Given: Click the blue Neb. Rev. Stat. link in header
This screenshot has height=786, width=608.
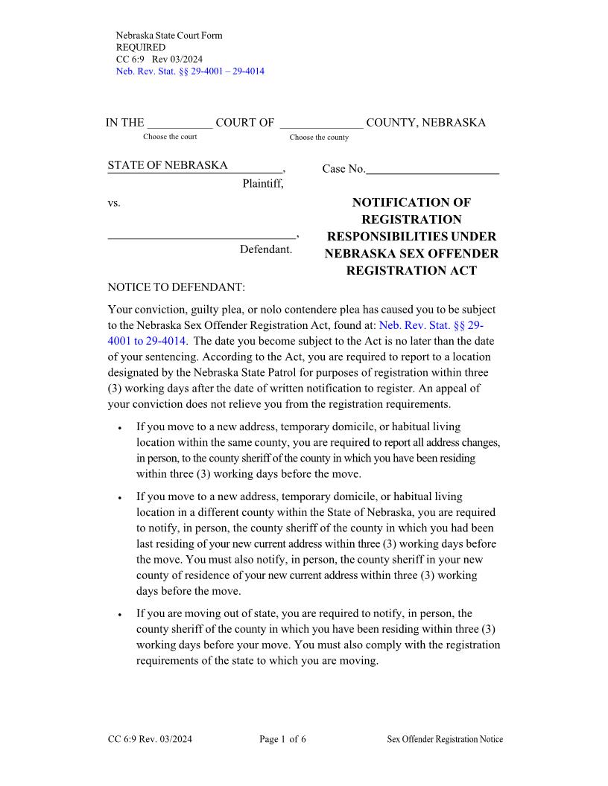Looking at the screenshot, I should click(x=190, y=71).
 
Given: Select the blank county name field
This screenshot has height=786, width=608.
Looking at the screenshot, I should click(x=321, y=124).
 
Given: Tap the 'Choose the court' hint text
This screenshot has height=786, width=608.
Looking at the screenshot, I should click(x=170, y=137).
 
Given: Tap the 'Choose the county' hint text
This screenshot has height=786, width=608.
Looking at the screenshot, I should click(x=319, y=138).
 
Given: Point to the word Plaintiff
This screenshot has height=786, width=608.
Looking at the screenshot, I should click(x=263, y=184).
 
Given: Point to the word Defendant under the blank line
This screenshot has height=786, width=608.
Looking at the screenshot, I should click(x=266, y=249).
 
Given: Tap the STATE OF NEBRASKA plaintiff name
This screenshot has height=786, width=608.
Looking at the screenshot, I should click(x=168, y=165).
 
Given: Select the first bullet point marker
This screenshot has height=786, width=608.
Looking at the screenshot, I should click(x=120, y=429).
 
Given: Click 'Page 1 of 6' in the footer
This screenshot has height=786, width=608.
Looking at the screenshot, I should click(x=282, y=739).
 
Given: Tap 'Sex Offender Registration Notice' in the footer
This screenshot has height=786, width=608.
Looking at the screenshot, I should click(x=445, y=739).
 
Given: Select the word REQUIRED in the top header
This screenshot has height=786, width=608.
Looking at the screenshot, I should click(x=141, y=48).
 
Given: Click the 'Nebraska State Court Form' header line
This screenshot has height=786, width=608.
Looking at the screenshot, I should click(x=169, y=36).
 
